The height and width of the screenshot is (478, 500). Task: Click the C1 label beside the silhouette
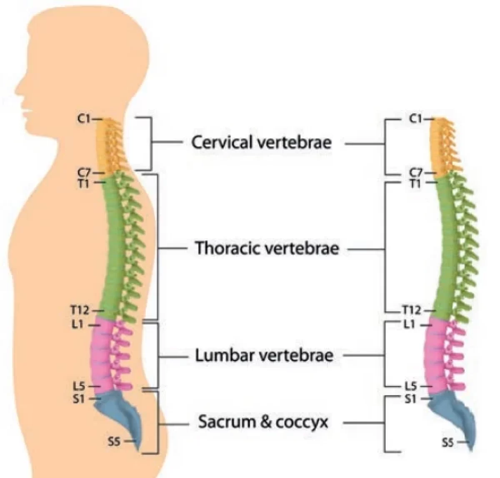tap(84, 119)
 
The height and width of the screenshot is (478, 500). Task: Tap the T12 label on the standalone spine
tap(412, 311)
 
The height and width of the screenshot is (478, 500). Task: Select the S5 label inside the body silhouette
tap(114, 442)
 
